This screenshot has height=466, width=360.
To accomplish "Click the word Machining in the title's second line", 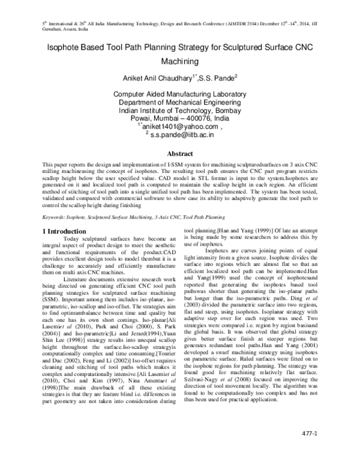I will click(x=179, y=61).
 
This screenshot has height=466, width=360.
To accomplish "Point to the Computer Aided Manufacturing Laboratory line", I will click(x=179, y=95).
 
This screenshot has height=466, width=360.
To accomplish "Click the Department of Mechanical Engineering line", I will click(x=179, y=103).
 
